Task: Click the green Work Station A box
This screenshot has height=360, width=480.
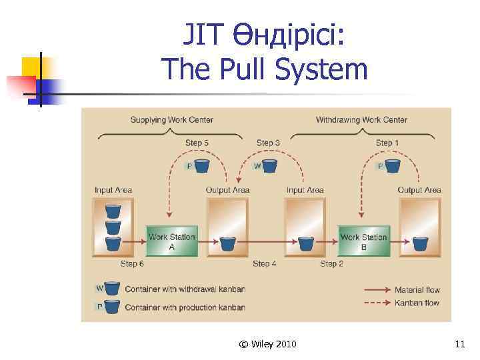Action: click(x=172, y=241)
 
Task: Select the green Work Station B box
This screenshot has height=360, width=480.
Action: click(x=363, y=241)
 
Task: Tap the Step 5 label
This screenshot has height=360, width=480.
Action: click(x=197, y=143)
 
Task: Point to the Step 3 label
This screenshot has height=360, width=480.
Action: click(x=268, y=143)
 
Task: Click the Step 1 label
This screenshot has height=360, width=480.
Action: click(x=388, y=143)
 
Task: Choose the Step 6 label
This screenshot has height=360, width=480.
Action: click(x=133, y=264)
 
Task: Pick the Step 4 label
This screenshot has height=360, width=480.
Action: click(x=265, y=264)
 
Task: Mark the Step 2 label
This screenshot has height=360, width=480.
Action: click(x=332, y=264)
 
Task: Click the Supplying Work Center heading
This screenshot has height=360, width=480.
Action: click(x=171, y=120)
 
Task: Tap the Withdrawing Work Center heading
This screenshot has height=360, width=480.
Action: click(x=361, y=120)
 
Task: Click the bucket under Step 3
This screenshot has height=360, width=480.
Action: click(x=269, y=165)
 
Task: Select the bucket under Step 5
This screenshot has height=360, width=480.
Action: click(x=201, y=165)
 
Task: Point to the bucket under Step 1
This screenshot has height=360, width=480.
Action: click(x=393, y=165)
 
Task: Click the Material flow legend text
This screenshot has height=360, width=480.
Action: click(x=417, y=290)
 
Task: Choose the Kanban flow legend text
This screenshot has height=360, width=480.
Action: click(x=417, y=303)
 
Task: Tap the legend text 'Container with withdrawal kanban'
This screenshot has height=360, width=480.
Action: click(x=185, y=289)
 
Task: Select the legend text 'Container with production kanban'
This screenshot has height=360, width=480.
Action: click(x=185, y=307)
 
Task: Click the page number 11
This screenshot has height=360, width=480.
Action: click(x=459, y=344)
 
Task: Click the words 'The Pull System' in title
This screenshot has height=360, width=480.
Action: click(x=264, y=69)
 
